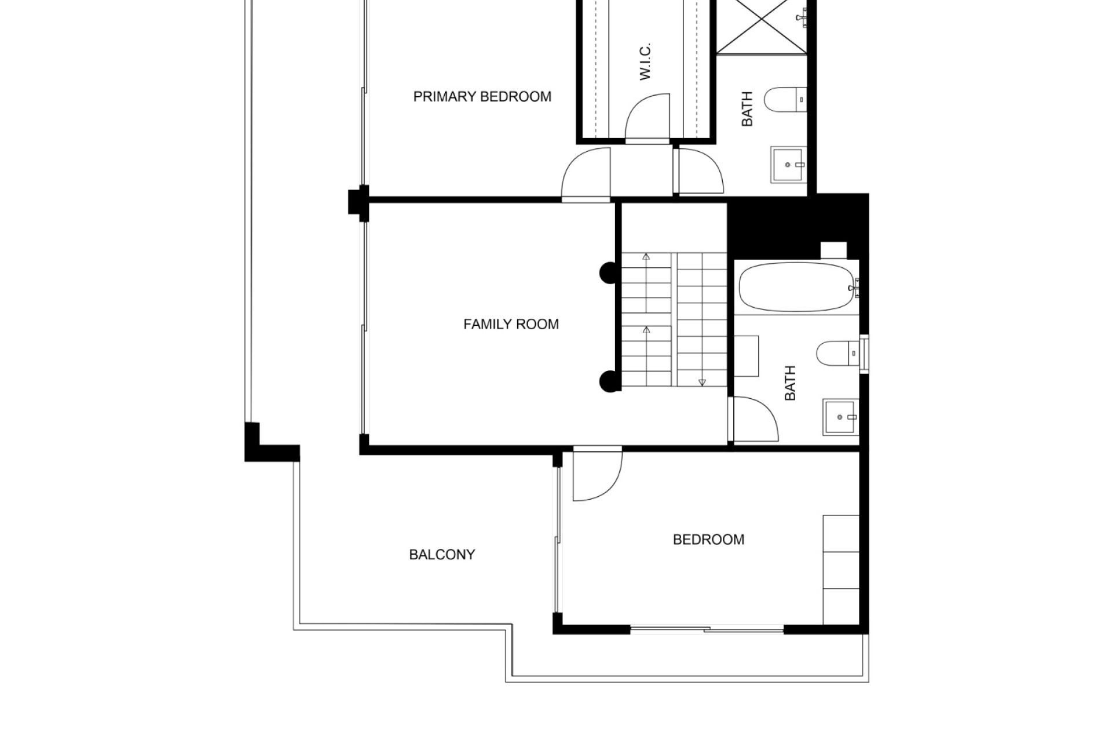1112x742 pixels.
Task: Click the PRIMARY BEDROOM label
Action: [x=482, y=96]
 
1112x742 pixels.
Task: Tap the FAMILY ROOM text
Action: [x=511, y=324]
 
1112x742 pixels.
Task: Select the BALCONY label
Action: [x=442, y=555]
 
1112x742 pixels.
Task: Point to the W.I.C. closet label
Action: [x=645, y=61]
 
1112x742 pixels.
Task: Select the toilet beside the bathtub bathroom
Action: [x=837, y=353]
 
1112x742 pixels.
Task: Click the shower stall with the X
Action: [x=761, y=26]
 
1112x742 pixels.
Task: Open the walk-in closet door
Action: [x=648, y=118]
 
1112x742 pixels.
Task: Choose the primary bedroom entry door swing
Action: [x=586, y=173]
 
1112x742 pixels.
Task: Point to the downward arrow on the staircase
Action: [x=703, y=382]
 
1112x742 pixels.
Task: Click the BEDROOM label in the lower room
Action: [x=708, y=540]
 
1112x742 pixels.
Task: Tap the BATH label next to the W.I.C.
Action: [x=747, y=109]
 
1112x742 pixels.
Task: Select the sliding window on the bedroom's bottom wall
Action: [x=707, y=628]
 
